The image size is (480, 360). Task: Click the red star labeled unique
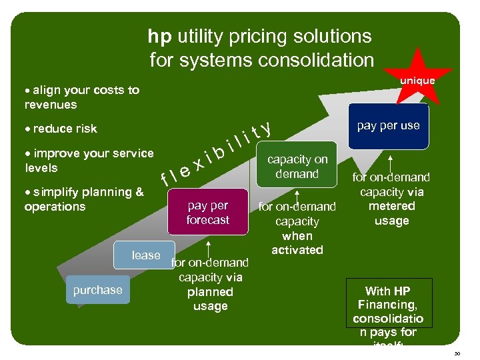click(x=418, y=79)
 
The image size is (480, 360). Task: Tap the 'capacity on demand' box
click(x=297, y=167)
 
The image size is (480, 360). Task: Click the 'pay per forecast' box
click(x=207, y=213)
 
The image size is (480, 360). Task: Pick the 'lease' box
click(x=146, y=255)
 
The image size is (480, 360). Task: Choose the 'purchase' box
click(x=98, y=290)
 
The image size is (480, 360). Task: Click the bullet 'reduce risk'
click(x=64, y=129)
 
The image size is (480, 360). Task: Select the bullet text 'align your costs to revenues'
click(x=81, y=97)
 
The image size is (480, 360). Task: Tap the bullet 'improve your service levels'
click(x=89, y=161)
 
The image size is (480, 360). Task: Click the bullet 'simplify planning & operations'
click(x=83, y=199)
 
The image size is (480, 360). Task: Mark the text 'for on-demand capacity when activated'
click(x=297, y=229)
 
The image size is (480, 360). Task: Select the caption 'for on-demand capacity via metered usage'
click(x=391, y=199)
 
